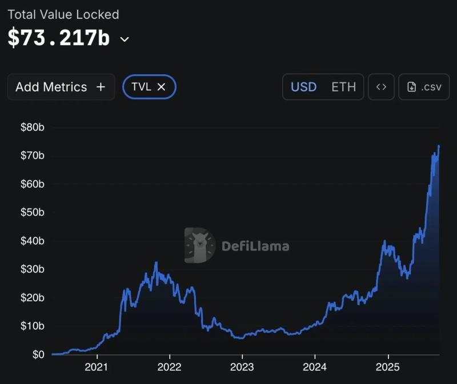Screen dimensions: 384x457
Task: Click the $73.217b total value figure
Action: tap(58, 38)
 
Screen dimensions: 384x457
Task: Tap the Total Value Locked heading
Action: tap(63, 14)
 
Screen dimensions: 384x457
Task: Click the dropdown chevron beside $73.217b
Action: tap(125, 39)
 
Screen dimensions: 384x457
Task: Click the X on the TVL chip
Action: tap(161, 87)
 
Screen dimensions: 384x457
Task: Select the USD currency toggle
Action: tap(304, 87)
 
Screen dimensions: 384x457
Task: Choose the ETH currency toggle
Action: tap(343, 87)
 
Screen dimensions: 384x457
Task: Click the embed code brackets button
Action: tap(381, 87)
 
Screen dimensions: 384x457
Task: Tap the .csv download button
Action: tap(424, 87)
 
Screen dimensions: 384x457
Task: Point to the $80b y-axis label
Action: tap(32, 127)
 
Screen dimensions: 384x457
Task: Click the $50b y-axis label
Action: tap(32, 212)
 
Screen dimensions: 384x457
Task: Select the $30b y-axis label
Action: tap(32, 269)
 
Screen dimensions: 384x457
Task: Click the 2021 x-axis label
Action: tap(97, 367)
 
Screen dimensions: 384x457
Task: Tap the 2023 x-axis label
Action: tap(242, 367)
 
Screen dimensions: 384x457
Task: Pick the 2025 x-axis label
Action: tap(388, 367)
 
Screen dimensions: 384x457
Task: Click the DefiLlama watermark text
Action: tap(255, 246)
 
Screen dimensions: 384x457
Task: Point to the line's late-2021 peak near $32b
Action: tap(156, 263)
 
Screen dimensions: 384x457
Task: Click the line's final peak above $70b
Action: tap(439, 146)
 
